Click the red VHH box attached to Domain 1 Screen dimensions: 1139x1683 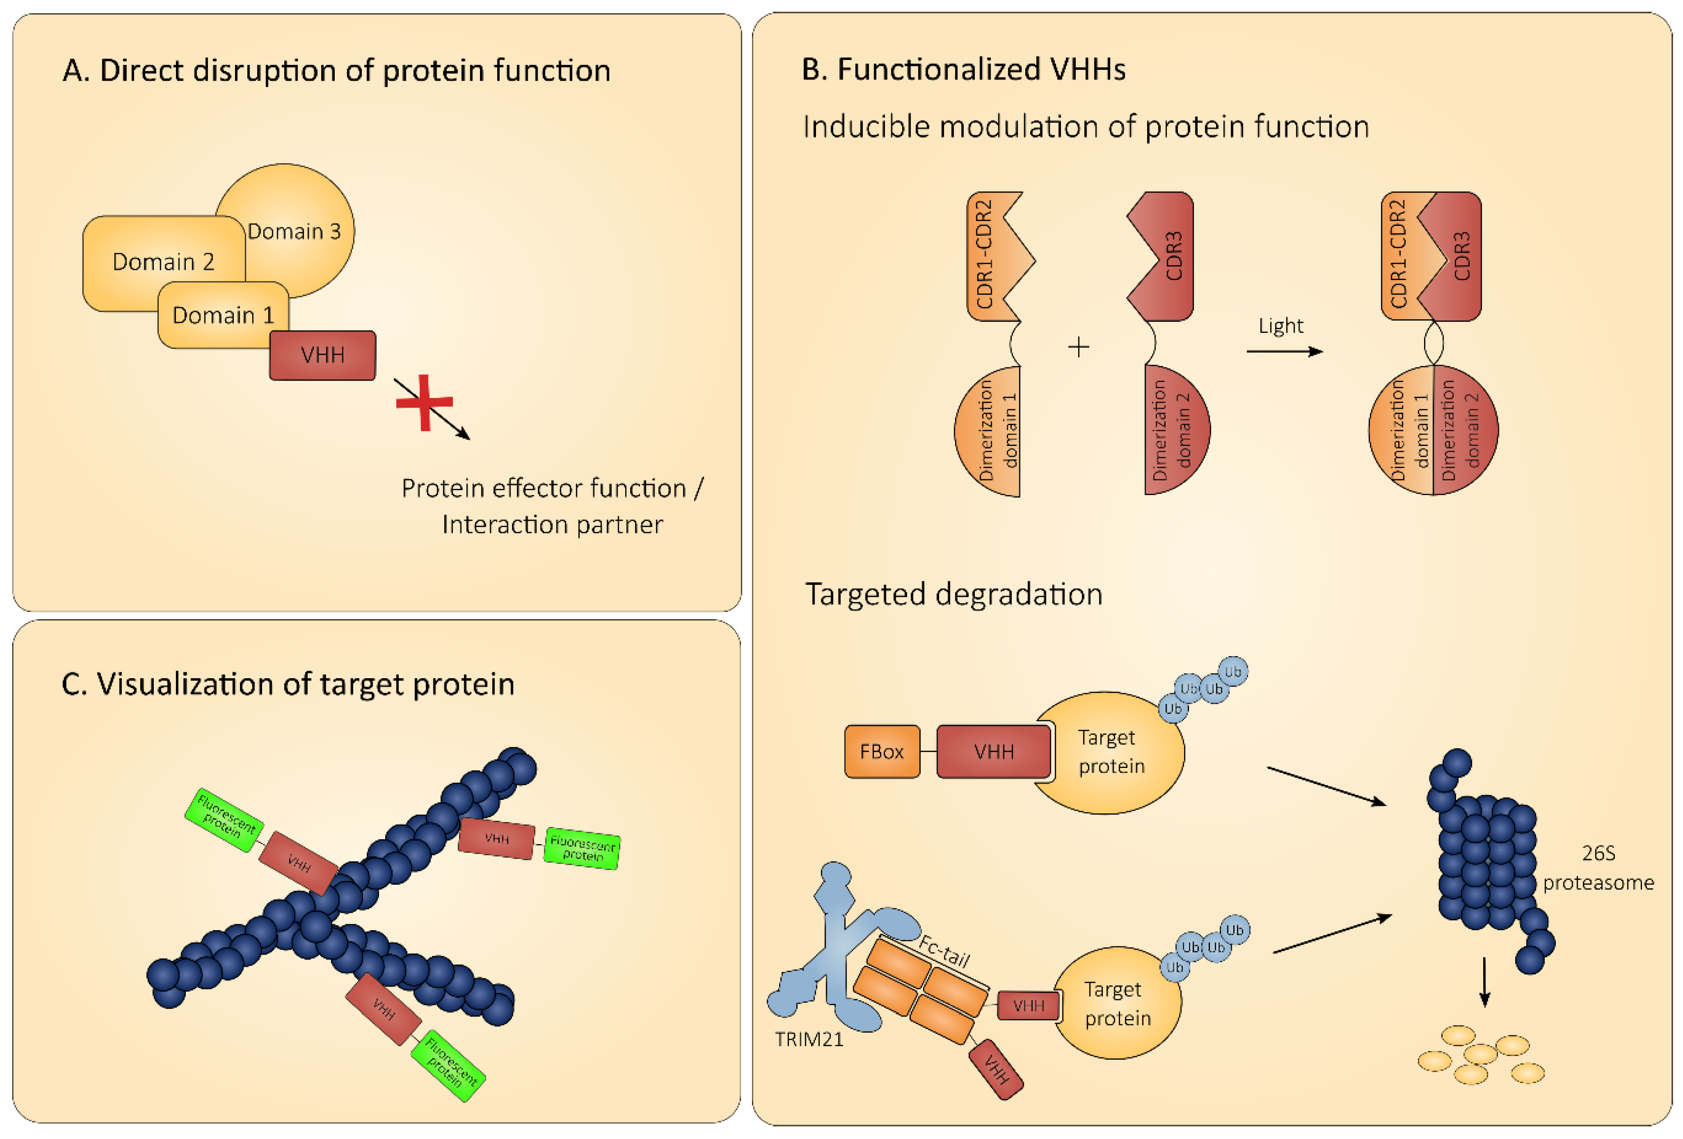322,355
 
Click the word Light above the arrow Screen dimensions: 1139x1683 1280,326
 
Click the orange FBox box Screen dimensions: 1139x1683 881,752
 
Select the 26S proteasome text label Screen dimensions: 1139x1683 1598,868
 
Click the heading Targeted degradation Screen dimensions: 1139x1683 953,594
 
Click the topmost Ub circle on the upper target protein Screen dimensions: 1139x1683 1232,671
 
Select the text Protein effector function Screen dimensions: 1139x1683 543,488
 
